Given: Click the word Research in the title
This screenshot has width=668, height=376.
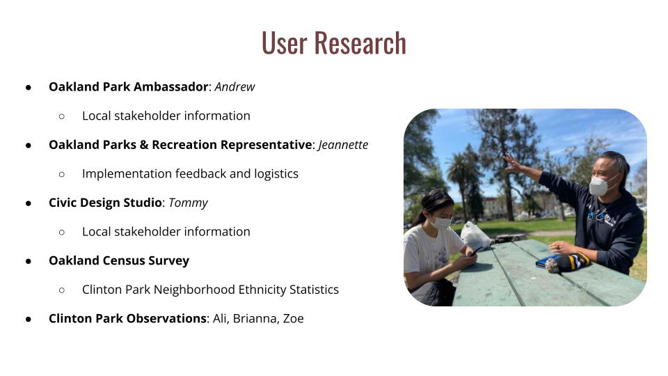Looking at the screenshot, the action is point(360,42).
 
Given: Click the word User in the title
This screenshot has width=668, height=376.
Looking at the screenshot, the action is point(284,42).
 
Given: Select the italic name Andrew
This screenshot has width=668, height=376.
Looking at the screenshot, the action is point(234,87).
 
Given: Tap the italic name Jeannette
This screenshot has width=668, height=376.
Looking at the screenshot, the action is point(343,145).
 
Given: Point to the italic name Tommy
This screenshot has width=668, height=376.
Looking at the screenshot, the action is point(188,203).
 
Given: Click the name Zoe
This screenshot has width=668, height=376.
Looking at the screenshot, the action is point(293,319).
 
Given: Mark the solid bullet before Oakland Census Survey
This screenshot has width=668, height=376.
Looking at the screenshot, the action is point(29,261).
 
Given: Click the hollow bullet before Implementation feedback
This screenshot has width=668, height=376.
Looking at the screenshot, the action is point(62,174).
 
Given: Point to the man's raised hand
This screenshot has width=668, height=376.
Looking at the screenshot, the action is point(513,162).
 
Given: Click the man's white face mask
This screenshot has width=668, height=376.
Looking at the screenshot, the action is point(601,185).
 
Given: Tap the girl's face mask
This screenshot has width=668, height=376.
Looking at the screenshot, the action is point(440,222).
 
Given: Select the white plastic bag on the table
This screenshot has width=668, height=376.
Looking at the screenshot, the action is point(475,236).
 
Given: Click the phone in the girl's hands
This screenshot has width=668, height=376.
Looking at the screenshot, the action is point(476,251).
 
